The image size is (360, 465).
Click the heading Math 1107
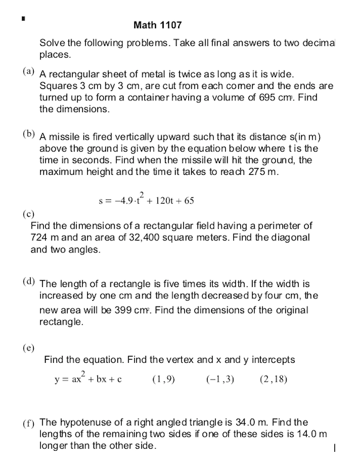[157, 26]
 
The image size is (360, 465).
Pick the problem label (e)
[29, 348]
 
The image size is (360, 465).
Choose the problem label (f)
[29, 424]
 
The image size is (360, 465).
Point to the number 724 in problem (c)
[41, 238]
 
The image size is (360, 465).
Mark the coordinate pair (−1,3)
[220, 379]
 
